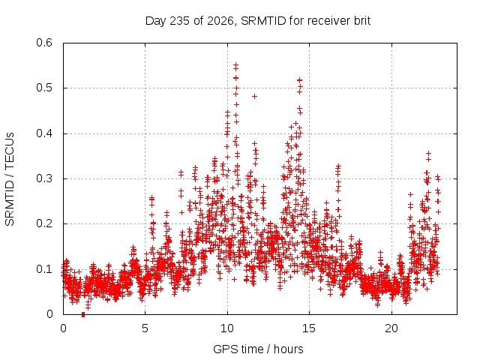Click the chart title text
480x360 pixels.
point(258,21)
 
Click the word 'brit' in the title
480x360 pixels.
point(362,21)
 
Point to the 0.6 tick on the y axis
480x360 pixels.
point(44,43)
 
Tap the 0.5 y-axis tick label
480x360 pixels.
point(44,88)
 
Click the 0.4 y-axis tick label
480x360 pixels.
point(44,133)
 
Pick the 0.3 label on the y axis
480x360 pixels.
point(44,178)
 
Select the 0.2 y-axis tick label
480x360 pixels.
point(44,223)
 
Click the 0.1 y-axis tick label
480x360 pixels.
point(44,269)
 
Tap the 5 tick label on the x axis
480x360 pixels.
point(145,328)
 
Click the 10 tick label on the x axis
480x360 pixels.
point(227,328)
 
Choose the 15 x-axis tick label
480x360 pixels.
point(309,328)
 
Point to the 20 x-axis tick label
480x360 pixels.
point(391,328)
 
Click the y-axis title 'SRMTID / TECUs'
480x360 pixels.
point(10,179)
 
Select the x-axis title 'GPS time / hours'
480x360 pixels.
point(258,349)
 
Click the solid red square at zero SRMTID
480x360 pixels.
point(83,315)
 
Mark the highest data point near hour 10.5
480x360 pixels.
point(235,65)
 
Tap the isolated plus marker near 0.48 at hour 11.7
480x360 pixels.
point(254,97)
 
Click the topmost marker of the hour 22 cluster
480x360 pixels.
point(428,153)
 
